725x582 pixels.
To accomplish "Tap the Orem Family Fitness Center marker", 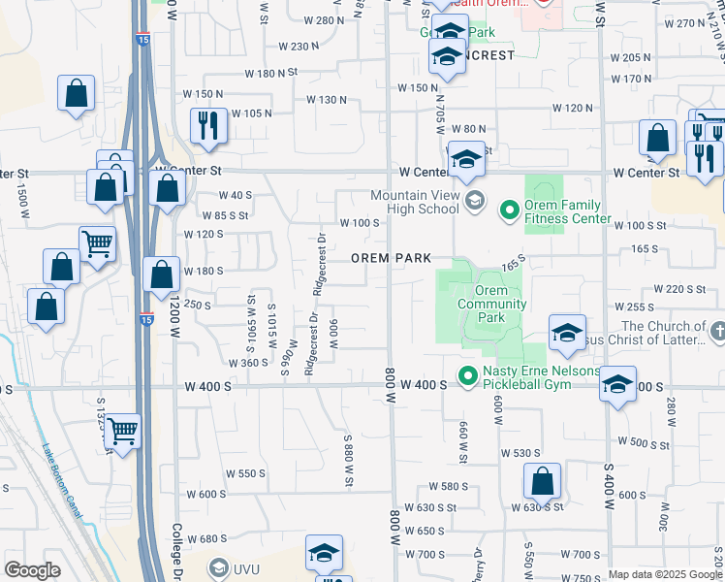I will [x=509, y=210].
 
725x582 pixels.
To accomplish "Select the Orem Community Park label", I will [x=491, y=304].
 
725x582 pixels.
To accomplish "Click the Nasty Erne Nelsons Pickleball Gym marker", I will [x=467, y=373].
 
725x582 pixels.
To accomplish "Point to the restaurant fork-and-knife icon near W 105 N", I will [x=209, y=126].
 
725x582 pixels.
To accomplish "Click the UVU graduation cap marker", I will [x=218, y=567].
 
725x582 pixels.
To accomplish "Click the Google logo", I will [x=32, y=570].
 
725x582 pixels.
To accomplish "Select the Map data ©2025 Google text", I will [x=665, y=574].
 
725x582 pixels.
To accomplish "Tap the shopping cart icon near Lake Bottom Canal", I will [x=122, y=430].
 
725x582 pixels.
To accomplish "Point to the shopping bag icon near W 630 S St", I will [x=543, y=480].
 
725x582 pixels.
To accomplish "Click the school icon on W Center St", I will [x=466, y=159].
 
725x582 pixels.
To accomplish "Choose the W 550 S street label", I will [x=245, y=473].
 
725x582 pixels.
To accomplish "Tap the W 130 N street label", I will [x=327, y=100].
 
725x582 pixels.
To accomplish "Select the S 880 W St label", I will [x=348, y=460].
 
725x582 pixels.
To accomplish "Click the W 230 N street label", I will [x=299, y=46].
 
